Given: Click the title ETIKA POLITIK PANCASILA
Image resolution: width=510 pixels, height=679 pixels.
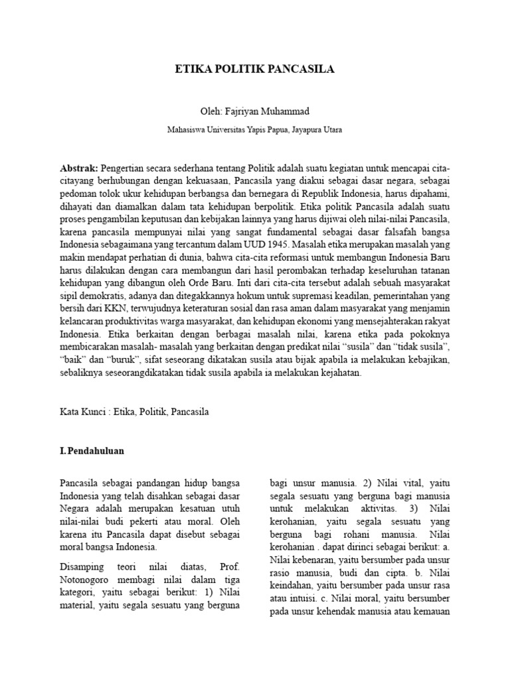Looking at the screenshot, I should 254,68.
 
